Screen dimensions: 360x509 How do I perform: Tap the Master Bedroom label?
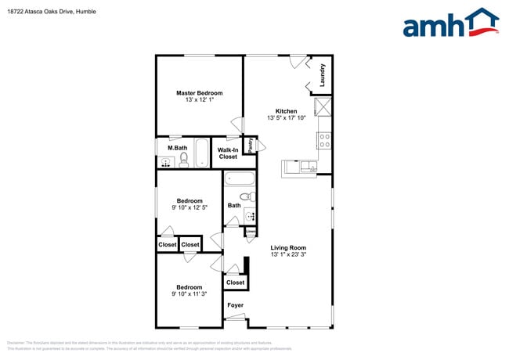point(199,93)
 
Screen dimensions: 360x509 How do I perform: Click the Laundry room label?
point(322,75)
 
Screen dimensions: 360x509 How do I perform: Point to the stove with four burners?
point(324,141)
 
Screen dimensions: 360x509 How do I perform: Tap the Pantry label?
point(250,146)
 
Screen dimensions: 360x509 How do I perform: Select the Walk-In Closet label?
point(227,153)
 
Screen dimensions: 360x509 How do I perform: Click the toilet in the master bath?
point(184,160)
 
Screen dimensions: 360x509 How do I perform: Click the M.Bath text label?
point(177,148)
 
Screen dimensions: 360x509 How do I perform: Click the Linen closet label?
point(250,232)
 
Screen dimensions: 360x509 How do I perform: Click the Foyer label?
point(235,304)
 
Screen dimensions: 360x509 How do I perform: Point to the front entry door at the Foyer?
point(234,318)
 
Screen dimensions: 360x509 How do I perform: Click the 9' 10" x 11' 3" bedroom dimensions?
point(189,294)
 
